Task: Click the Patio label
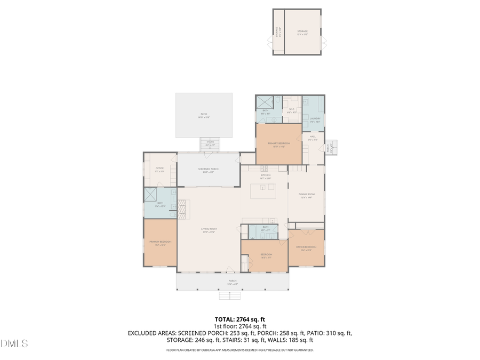204,114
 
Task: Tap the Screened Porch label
209,169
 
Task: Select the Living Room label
209,229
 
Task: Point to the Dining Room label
306,194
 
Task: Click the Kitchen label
265,175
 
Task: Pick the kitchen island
263,187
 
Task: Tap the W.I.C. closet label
292,109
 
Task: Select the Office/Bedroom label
306,247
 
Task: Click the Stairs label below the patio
210,142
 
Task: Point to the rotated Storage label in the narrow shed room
277,31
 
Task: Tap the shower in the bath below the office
151,195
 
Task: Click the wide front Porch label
233,281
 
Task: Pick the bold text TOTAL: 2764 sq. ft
239,319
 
